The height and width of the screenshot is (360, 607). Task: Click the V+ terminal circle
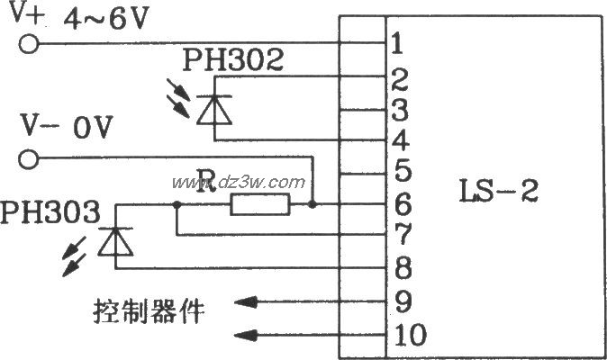pyautogui.click(x=29, y=44)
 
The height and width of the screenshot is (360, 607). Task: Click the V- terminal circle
pyautogui.click(x=29, y=159)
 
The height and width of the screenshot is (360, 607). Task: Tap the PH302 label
pyautogui.click(x=233, y=60)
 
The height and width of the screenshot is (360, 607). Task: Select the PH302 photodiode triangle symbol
pyautogui.click(x=214, y=110)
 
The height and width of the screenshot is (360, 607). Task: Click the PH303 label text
pyautogui.click(x=50, y=211)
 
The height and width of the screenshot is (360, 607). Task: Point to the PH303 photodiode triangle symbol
pyautogui.click(x=115, y=242)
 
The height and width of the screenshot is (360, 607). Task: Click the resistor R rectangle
pyautogui.click(x=260, y=204)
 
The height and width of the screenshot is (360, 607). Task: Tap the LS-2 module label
pyautogui.click(x=499, y=191)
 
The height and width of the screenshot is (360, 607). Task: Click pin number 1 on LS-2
pyautogui.click(x=397, y=43)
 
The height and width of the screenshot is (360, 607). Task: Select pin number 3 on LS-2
pyautogui.click(x=400, y=110)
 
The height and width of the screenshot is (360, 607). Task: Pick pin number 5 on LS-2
pyautogui.click(x=403, y=170)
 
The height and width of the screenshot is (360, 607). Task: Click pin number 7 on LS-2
pyautogui.click(x=403, y=234)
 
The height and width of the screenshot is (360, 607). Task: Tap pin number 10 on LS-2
pyautogui.click(x=411, y=336)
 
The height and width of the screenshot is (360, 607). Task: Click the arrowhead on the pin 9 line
pyautogui.click(x=246, y=302)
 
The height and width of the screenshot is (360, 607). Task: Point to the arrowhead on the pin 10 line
pyautogui.click(x=246, y=336)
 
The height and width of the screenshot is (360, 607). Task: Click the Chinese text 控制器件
pyautogui.click(x=149, y=311)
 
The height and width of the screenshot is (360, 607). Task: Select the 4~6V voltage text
pyautogui.click(x=106, y=19)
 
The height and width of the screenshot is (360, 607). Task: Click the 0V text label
pyautogui.click(x=93, y=127)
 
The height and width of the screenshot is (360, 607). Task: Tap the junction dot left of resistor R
pyautogui.click(x=177, y=204)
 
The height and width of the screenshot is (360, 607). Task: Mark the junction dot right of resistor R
pyautogui.click(x=312, y=204)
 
